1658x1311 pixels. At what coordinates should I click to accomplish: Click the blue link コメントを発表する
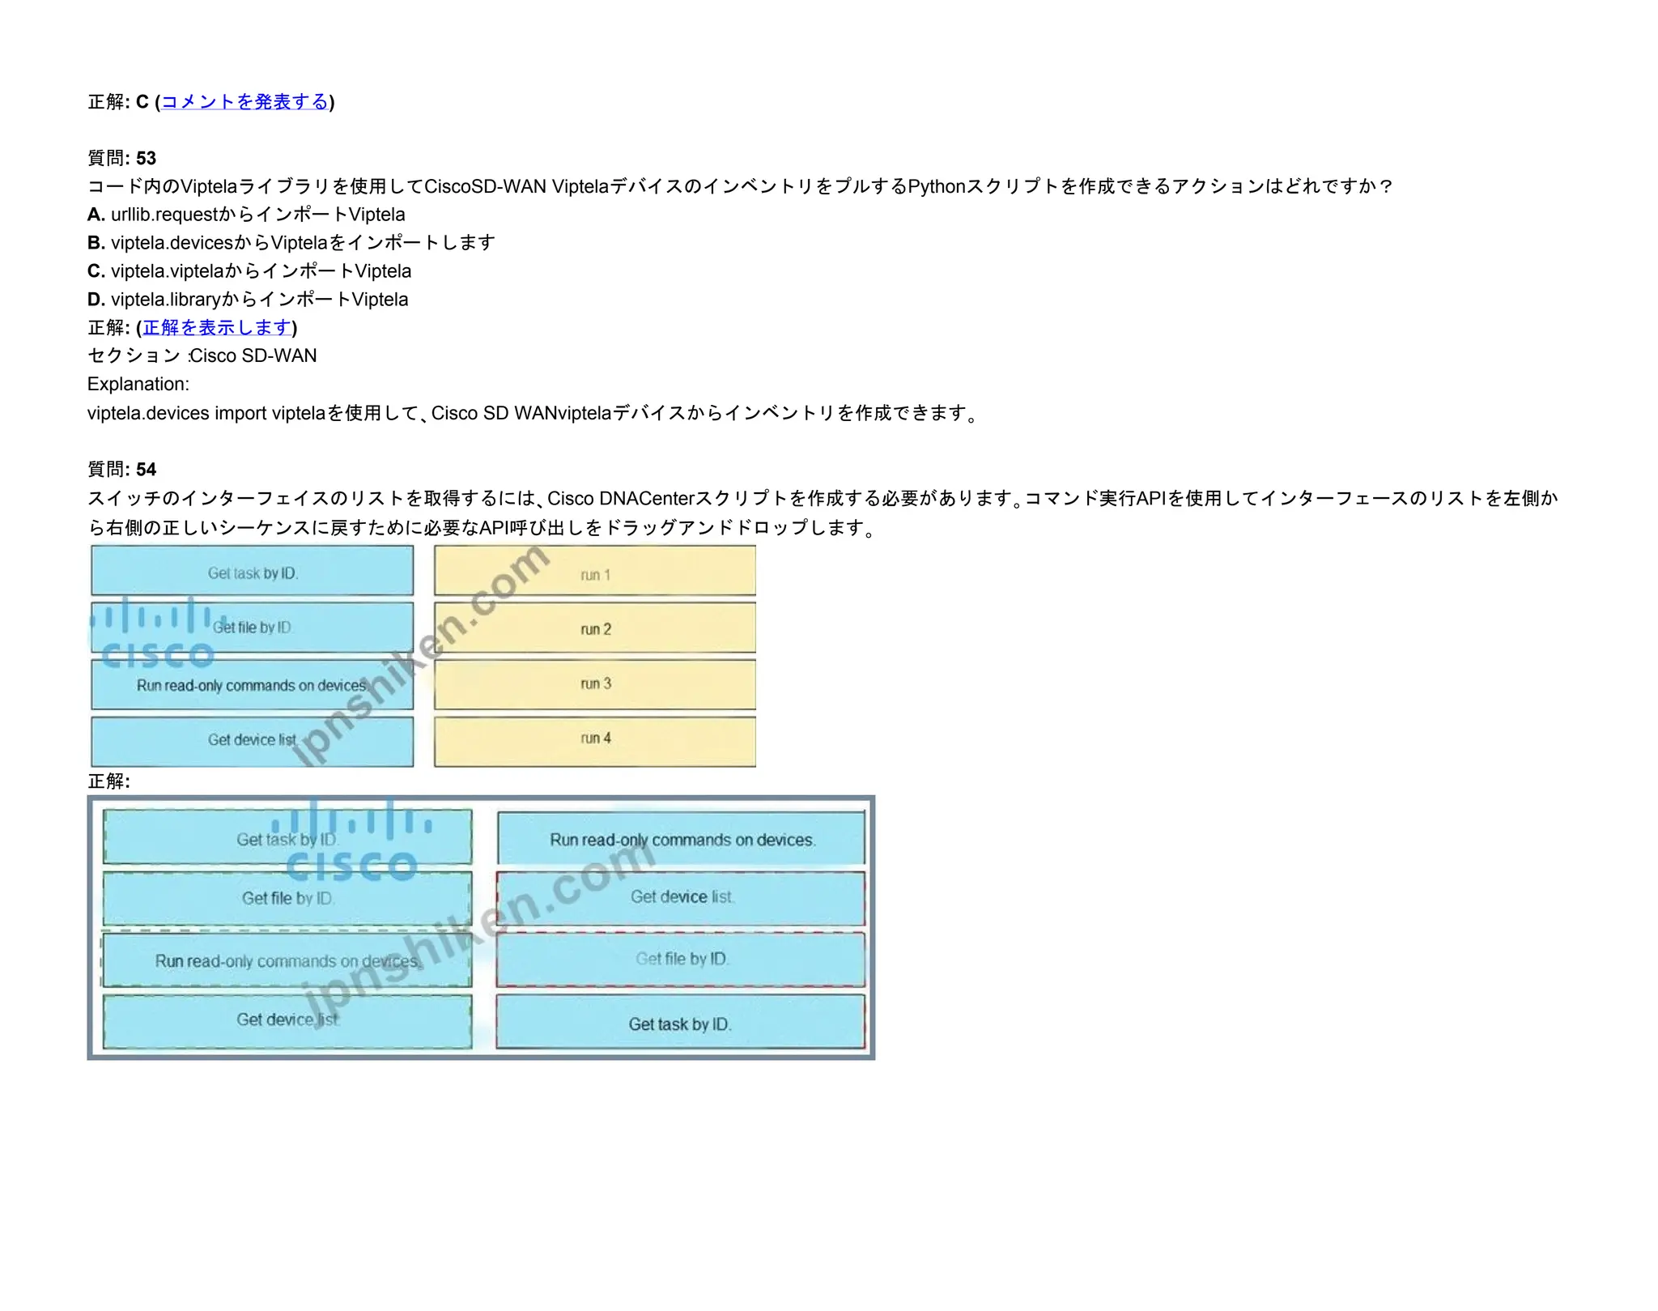pos(244,102)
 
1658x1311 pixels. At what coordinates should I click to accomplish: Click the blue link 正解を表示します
pos(217,328)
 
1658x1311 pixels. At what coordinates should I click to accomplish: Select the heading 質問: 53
pos(121,158)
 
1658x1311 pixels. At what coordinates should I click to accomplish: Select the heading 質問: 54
pos(121,470)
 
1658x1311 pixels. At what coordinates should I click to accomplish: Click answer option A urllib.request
pos(246,215)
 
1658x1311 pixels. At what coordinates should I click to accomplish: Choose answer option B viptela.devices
pos(291,243)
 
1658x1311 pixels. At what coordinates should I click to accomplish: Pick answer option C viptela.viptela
pos(249,271)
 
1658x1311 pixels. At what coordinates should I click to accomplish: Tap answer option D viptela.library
pos(248,300)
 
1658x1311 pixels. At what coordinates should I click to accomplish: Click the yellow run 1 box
pos(595,572)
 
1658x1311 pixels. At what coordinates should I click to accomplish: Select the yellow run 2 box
pos(595,628)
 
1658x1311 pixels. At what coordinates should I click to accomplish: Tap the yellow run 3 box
pos(595,684)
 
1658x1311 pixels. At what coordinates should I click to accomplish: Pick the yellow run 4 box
pos(595,740)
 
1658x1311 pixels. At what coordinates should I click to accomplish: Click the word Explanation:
pos(138,385)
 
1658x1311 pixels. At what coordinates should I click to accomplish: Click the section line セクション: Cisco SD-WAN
pos(202,356)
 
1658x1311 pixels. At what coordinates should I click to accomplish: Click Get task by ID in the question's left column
pos(253,572)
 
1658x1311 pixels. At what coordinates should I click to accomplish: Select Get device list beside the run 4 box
pos(253,740)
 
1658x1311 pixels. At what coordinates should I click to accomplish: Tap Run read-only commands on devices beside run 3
pos(253,685)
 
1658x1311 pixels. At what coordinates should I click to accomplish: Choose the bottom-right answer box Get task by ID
pos(680,1024)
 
